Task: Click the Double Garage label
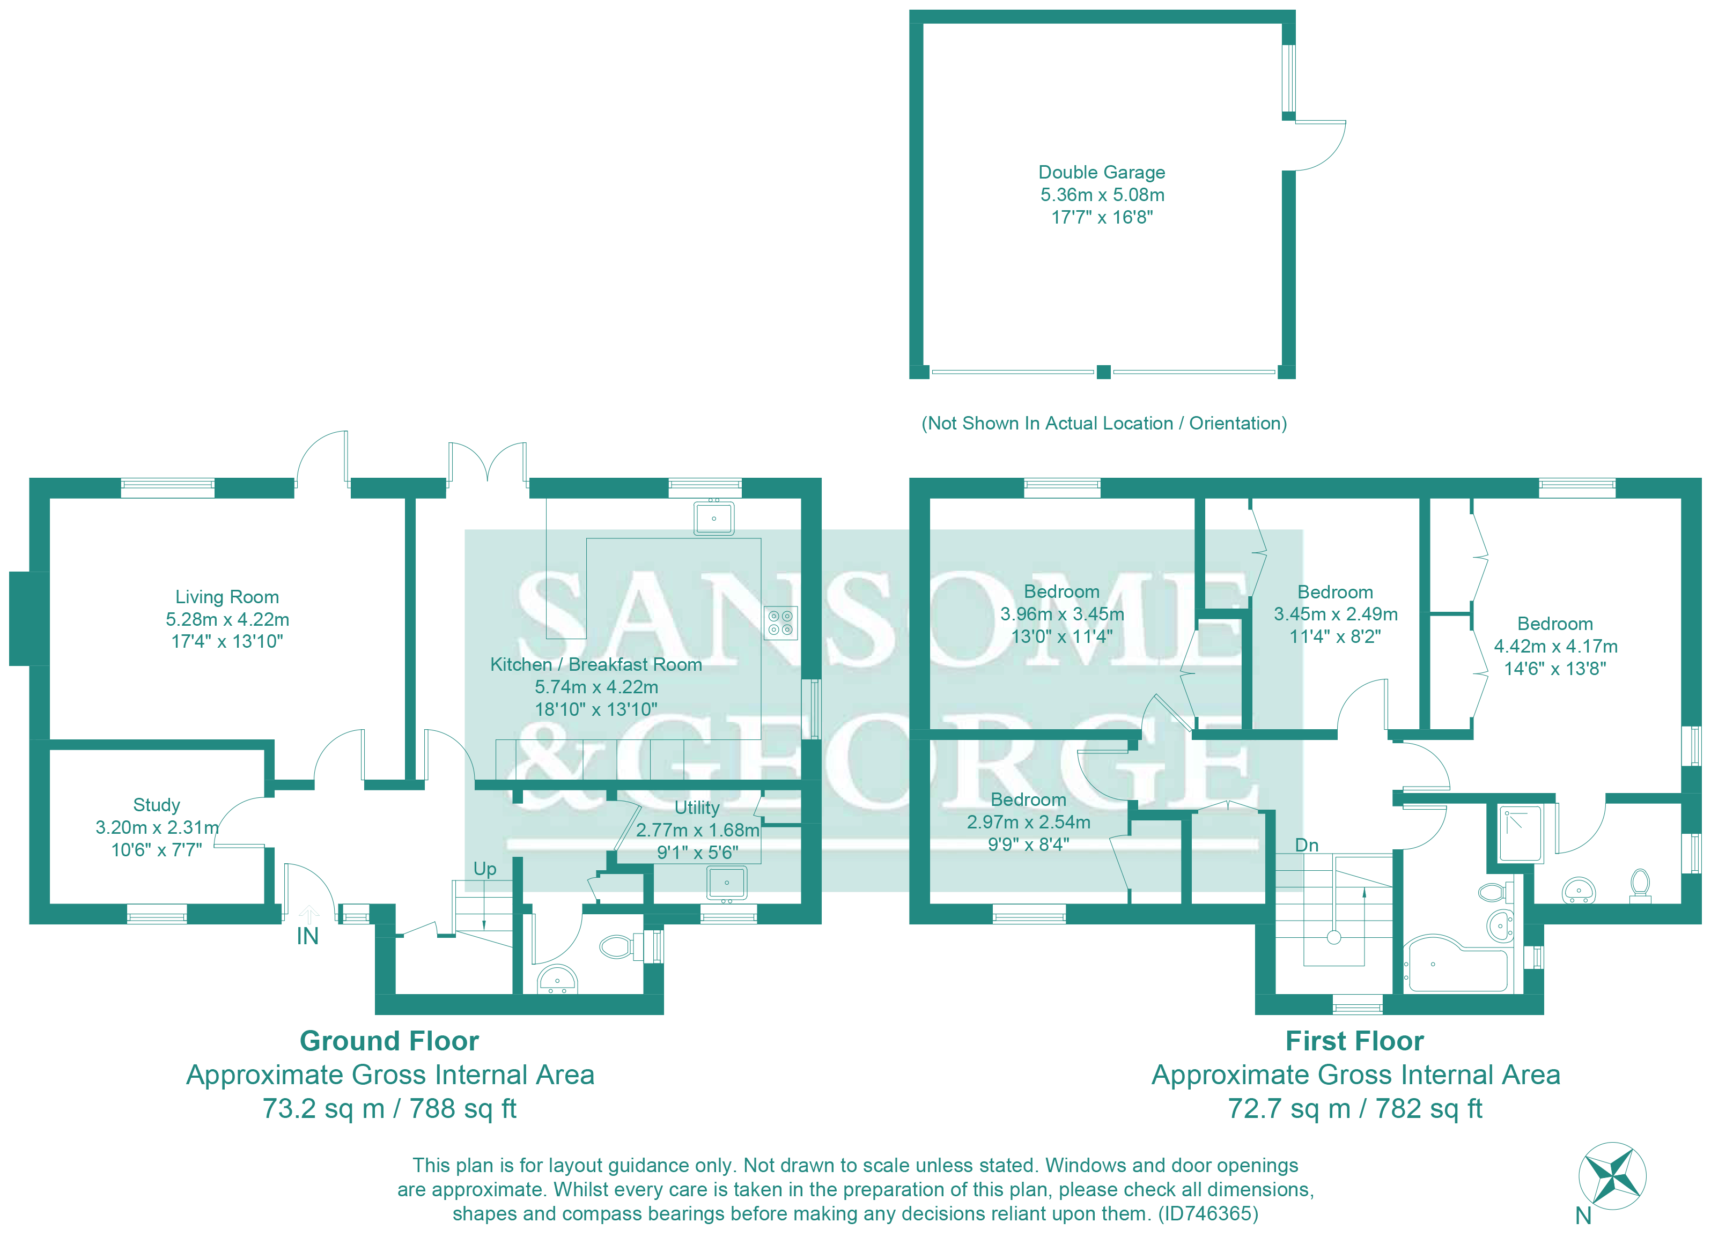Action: (1102, 173)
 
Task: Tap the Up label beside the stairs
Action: (484, 869)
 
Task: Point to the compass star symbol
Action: (1612, 1176)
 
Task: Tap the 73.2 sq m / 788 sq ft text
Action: (389, 1109)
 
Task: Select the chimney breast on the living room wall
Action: (28, 619)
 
